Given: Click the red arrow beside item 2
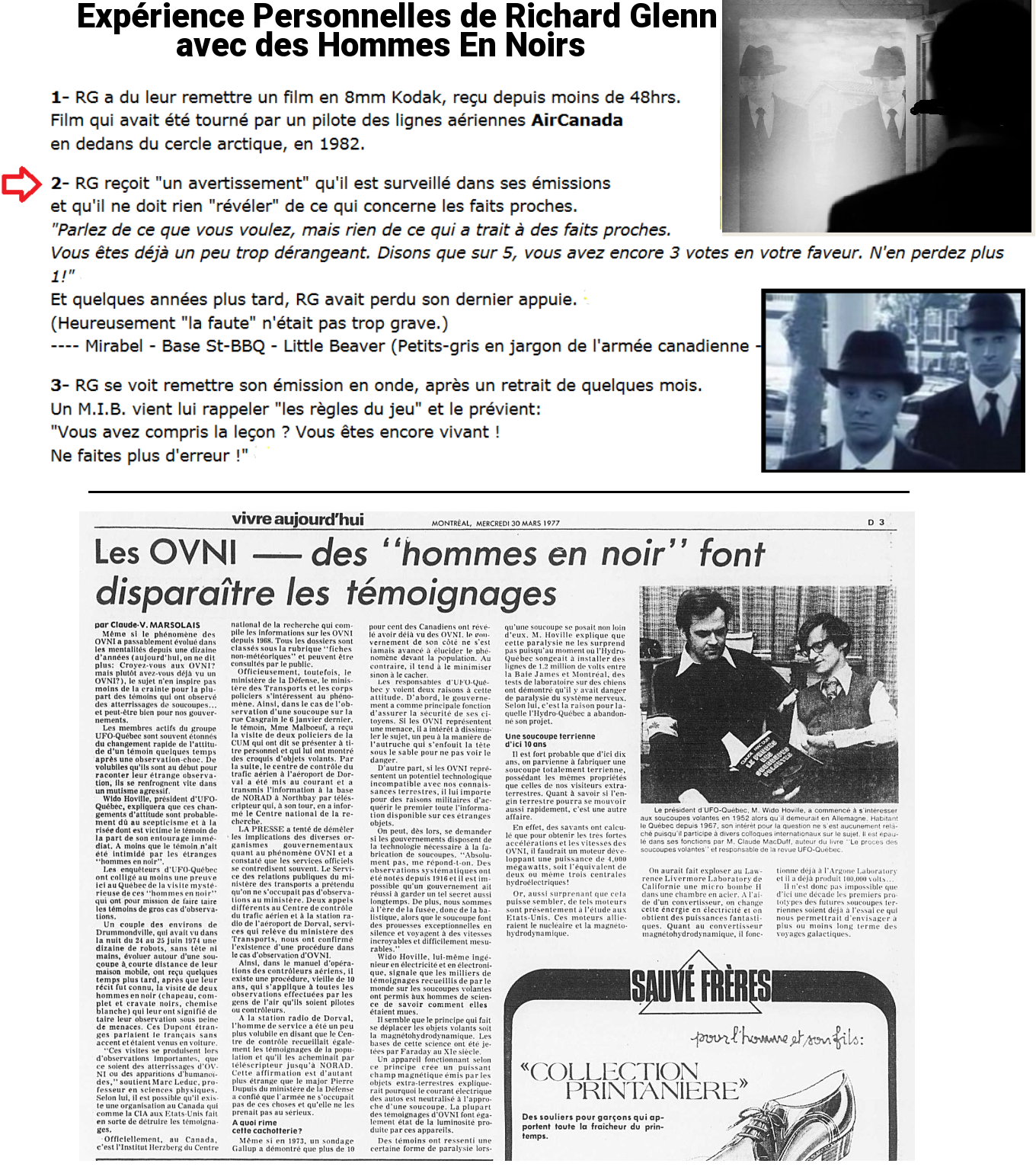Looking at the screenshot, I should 21,184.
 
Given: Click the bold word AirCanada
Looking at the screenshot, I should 577,120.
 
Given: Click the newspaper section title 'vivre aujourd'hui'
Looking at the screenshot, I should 297,520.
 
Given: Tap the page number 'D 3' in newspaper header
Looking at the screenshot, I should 875,522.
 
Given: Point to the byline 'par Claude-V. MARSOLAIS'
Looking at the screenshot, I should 147,625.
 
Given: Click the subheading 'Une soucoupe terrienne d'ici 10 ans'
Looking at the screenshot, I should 550,740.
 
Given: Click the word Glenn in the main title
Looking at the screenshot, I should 659,17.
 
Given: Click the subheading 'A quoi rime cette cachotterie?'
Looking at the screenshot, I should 267,1127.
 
